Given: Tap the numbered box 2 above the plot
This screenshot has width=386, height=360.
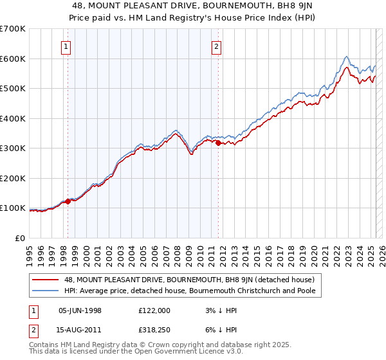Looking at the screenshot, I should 217,46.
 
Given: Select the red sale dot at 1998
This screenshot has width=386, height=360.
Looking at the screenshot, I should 68,201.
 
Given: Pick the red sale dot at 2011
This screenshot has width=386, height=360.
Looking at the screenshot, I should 218,143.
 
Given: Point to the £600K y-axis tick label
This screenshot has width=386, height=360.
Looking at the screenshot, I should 13,59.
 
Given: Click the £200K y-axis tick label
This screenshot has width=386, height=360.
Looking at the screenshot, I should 13,178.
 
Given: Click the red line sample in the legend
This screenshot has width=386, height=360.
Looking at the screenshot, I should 46,280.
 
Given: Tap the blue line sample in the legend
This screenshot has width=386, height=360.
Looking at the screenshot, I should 46,291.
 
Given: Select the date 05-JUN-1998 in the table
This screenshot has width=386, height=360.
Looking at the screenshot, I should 80,310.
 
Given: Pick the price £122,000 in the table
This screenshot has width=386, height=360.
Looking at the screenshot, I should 154,310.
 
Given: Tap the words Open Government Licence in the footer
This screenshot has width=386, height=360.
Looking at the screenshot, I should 193,352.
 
